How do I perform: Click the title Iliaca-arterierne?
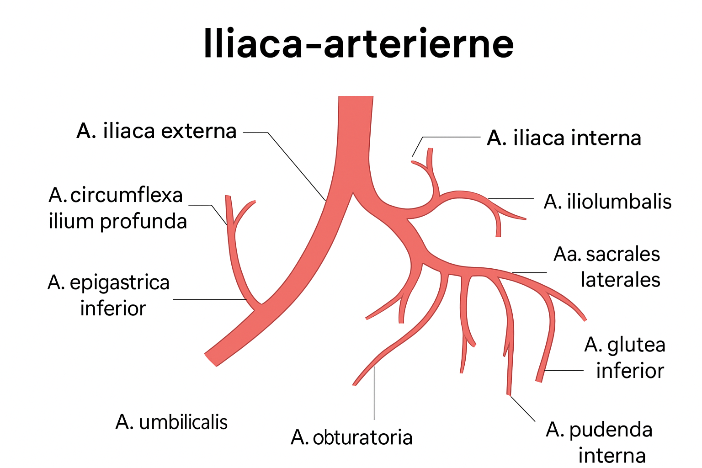point(358,44)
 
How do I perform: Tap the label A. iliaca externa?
point(156,131)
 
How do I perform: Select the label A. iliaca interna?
point(564,138)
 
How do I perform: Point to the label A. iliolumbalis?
point(607,202)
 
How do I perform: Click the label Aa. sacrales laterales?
point(607,267)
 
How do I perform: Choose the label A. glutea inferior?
point(625,357)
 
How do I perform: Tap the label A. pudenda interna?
point(600,442)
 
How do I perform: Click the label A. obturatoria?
point(351,437)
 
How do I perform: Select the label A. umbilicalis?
point(171,422)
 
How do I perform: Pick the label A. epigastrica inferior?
point(109,295)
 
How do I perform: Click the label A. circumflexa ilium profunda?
point(117,208)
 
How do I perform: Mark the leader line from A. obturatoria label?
point(374,393)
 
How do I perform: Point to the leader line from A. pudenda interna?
point(522,408)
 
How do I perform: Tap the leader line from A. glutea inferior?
point(564,371)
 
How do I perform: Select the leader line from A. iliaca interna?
point(450,137)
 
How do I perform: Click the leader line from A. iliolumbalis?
point(511,199)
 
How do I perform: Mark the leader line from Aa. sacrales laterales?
point(529,273)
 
